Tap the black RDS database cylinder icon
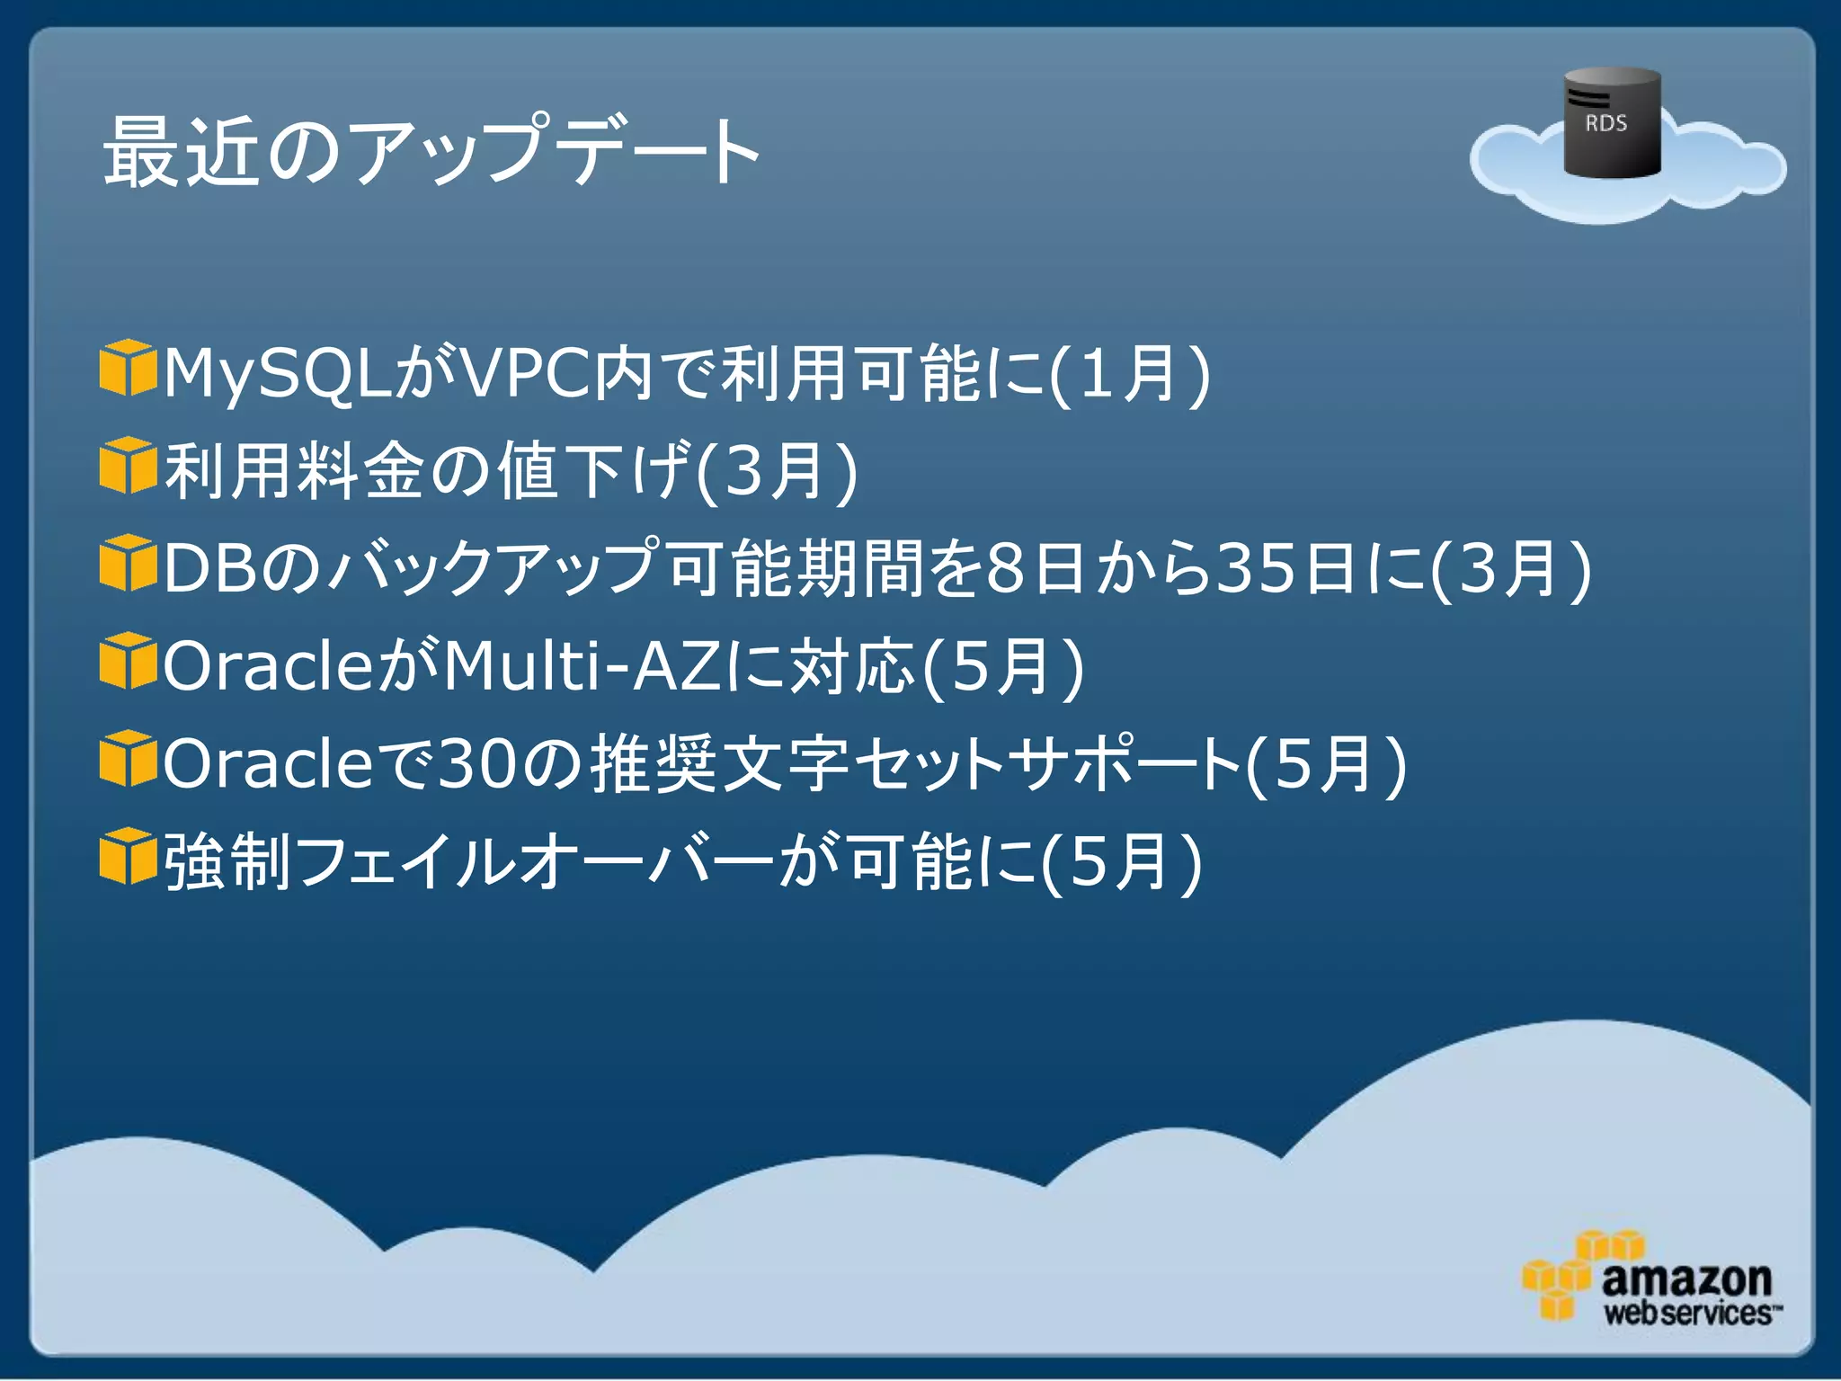(x=1612, y=123)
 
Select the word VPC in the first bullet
(x=525, y=372)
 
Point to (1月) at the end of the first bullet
(x=1129, y=374)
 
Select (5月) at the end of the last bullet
(x=1121, y=861)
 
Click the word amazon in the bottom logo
(x=1686, y=1279)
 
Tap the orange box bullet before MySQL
(x=128, y=368)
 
